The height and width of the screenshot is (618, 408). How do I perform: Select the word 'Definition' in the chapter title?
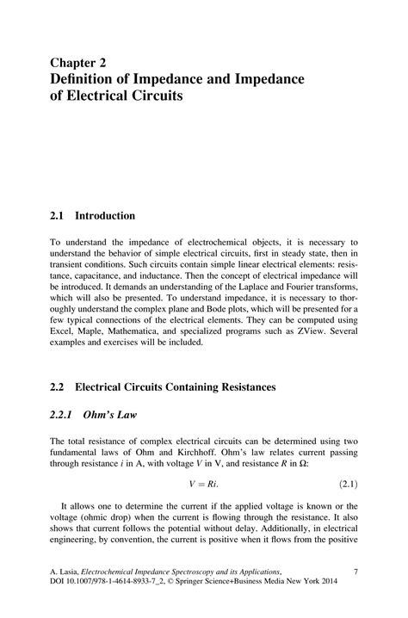click(86, 79)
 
